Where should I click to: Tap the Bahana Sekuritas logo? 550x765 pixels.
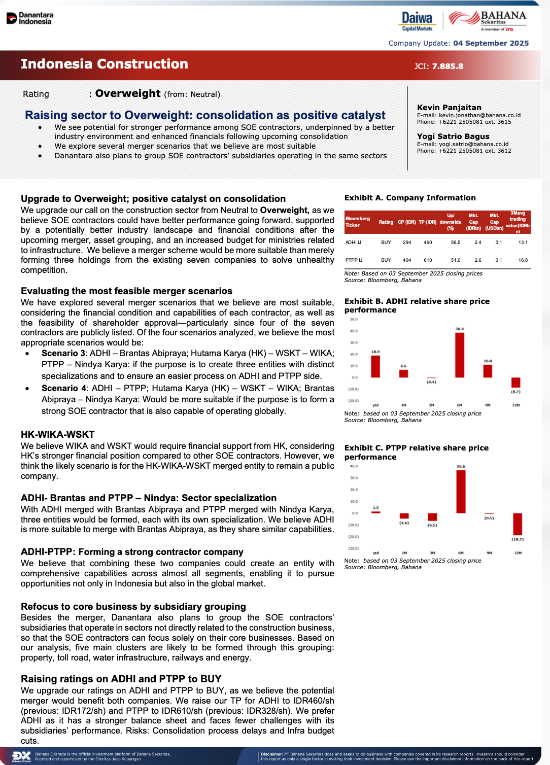[488, 21]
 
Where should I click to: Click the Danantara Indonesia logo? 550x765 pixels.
[30, 18]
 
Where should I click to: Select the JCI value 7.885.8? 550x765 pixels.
[447, 66]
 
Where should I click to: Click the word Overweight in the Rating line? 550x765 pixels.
[128, 93]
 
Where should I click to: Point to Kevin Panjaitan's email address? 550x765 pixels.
[479, 115]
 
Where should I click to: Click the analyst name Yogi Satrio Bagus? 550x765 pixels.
[453, 136]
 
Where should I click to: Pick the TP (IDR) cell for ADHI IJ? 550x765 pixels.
[428, 242]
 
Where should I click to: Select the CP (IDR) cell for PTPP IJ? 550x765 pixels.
[407, 260]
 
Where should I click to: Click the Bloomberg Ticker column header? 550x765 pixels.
[357, 222]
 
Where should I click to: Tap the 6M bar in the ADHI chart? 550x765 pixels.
[460, 355]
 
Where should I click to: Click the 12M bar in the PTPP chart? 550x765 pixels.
[518, 524]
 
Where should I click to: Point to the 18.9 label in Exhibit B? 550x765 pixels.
[375, 352]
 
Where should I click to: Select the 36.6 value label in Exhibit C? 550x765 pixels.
[461, 466]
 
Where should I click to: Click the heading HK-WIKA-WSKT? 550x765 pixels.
[57, 434]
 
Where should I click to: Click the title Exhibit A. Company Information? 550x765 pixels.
[410, 198]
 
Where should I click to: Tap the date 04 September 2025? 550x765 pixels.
[491, 43]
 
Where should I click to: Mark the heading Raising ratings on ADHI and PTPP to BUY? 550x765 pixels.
[121, 679]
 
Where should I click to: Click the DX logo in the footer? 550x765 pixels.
[21, 756]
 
